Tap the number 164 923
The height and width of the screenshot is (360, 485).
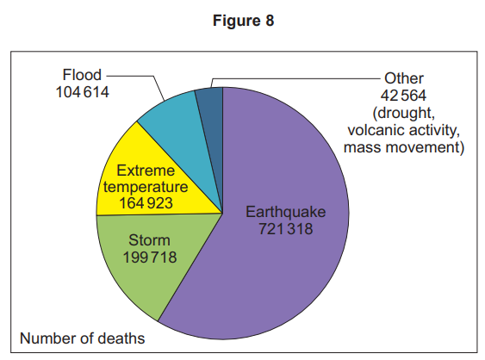(140, 203)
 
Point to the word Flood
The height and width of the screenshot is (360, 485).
(82, 75)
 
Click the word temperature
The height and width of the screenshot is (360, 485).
(140, 186)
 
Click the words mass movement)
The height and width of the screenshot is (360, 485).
(403, 148)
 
